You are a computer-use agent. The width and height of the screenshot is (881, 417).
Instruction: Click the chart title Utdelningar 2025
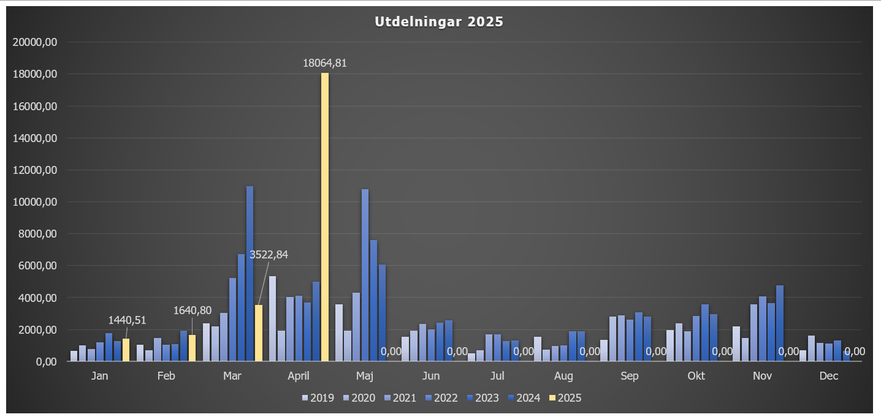tap(439, 22)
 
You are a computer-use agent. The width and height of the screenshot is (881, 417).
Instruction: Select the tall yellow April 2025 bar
tap(325, 217)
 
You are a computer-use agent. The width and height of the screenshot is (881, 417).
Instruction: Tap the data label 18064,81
tap(325, 62)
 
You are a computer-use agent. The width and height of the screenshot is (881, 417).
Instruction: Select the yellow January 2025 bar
tap(126, 350)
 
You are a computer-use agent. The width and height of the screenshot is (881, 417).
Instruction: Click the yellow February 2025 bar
tap(192, 348)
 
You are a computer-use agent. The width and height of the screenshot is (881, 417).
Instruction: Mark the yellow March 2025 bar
tap(259, 333)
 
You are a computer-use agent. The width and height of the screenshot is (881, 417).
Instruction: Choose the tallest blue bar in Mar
tap(250, 274)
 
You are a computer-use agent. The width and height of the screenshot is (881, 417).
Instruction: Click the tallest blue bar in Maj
tap(365, 275)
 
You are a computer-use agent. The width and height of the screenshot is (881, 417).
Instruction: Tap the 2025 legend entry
tap(565, 398)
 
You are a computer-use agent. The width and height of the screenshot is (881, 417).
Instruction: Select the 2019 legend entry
tap(318, 398)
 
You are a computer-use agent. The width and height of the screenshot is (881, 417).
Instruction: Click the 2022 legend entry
tap(441, 398)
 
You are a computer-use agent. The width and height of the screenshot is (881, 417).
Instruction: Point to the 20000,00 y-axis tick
tap(36, 42)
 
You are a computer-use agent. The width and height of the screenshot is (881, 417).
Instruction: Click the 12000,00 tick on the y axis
tap(36, 170)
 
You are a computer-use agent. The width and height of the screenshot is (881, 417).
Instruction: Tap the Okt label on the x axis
tap(696, 376)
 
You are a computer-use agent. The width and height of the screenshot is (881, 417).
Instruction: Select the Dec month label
tap(828, 376)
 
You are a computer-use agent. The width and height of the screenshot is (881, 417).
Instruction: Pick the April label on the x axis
tap(299, 376)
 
